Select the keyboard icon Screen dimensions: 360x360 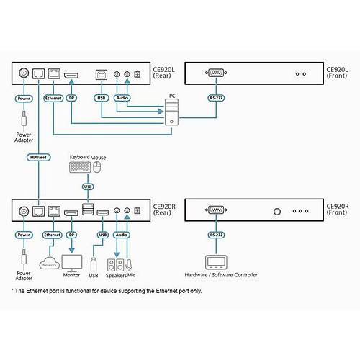coord(79,168)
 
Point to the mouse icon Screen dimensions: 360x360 coord(98,168)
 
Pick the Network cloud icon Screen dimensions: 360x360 coord(49,263)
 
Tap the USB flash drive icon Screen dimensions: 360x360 coord(93,261)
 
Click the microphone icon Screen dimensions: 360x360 coord(130,264)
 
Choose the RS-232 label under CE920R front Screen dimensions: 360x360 coord(214,234)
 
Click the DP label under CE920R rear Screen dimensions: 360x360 coord(71,234)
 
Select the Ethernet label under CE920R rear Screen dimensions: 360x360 coord(52,234)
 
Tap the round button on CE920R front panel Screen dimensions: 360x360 coord(277,212)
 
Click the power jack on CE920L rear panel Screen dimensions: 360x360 coord(24,73)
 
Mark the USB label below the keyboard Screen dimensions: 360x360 coord(88,186)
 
